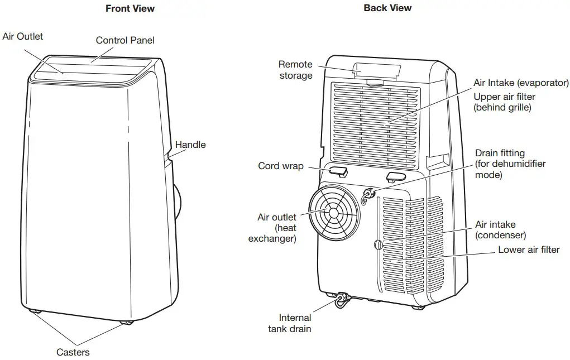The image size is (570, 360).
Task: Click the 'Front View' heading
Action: click(x=130, y=8)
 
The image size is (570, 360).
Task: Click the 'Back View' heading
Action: click(x=387, y=8)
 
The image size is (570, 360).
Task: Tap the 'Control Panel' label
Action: click(x=125, y=40)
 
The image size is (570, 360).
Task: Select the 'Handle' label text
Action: click(x=190, y=145)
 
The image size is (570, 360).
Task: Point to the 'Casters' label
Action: click(x=73, y=352)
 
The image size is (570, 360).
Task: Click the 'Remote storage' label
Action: click(x=295, y=70)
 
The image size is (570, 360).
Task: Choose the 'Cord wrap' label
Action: click(x=280, y=166)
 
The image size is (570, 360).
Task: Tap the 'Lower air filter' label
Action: click(x=528, y=249)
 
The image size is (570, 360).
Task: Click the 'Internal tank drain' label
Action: click(x=290, y=324)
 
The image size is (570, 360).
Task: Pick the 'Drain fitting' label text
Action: click(x=500, y=153)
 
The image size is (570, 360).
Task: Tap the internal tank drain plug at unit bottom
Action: click(x=341, y=301)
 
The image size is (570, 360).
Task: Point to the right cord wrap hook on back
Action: click(x=395, y=177)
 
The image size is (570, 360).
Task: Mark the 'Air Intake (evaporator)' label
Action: click(x=520, y=83)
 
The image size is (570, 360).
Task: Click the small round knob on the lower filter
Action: click(x=378, y=244)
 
